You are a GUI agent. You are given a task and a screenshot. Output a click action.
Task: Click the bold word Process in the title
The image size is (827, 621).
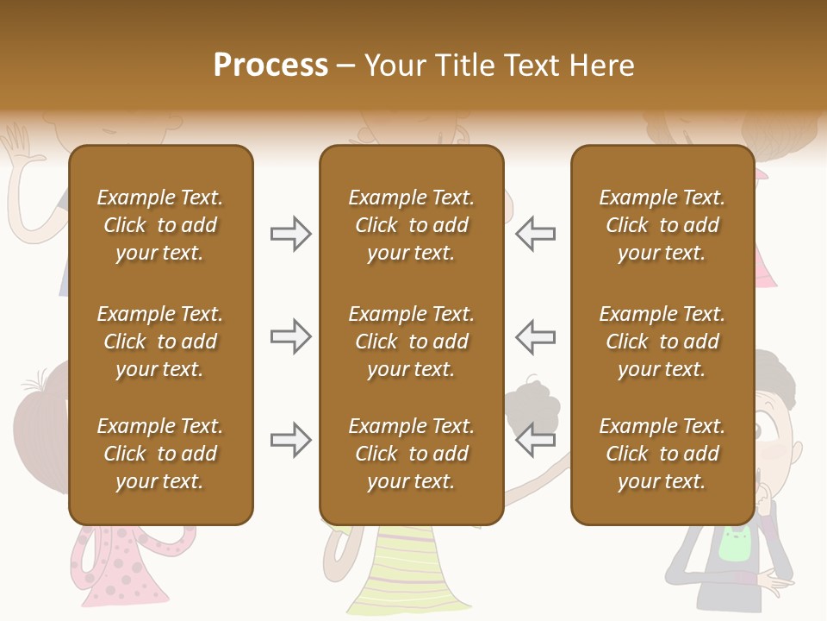click(x=270, y=65)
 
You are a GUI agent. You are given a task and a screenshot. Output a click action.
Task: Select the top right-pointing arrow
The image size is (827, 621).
click(x=290, y=234)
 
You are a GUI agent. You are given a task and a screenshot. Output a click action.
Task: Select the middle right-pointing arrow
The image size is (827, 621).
click(x=290, y=336)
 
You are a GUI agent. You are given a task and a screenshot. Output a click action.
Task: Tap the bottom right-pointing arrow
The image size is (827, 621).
click(x=290, y=440)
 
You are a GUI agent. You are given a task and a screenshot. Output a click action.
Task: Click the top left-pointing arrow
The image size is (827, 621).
click(x=535, y=234)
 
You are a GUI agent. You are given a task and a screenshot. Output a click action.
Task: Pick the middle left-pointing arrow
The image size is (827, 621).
click(x=535, y=336)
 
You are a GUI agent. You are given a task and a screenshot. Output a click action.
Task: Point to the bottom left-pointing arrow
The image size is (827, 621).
click(x=535, y=440)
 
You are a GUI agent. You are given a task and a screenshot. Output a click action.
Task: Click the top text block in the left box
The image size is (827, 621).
click(x=160, y=225)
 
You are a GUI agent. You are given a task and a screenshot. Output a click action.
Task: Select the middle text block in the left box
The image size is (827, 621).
click(x=160, y=342)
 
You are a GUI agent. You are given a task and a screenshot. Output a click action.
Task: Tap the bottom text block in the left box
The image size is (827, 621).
click(x=160, y=454)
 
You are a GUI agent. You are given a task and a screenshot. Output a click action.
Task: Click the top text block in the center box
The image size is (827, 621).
click(x=411, y=225)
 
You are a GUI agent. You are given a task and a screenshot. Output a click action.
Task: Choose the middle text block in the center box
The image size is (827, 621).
click(x=411, y=342)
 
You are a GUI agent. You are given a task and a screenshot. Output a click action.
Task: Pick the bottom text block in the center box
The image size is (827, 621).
click(x=411, y=454)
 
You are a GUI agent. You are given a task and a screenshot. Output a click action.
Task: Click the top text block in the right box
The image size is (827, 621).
click(x=662, y=225)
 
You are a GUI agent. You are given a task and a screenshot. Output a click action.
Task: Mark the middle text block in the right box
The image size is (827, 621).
click(x=662, y=342)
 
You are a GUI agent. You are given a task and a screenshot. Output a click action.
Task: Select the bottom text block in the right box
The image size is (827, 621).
click(x=662, y=454)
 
